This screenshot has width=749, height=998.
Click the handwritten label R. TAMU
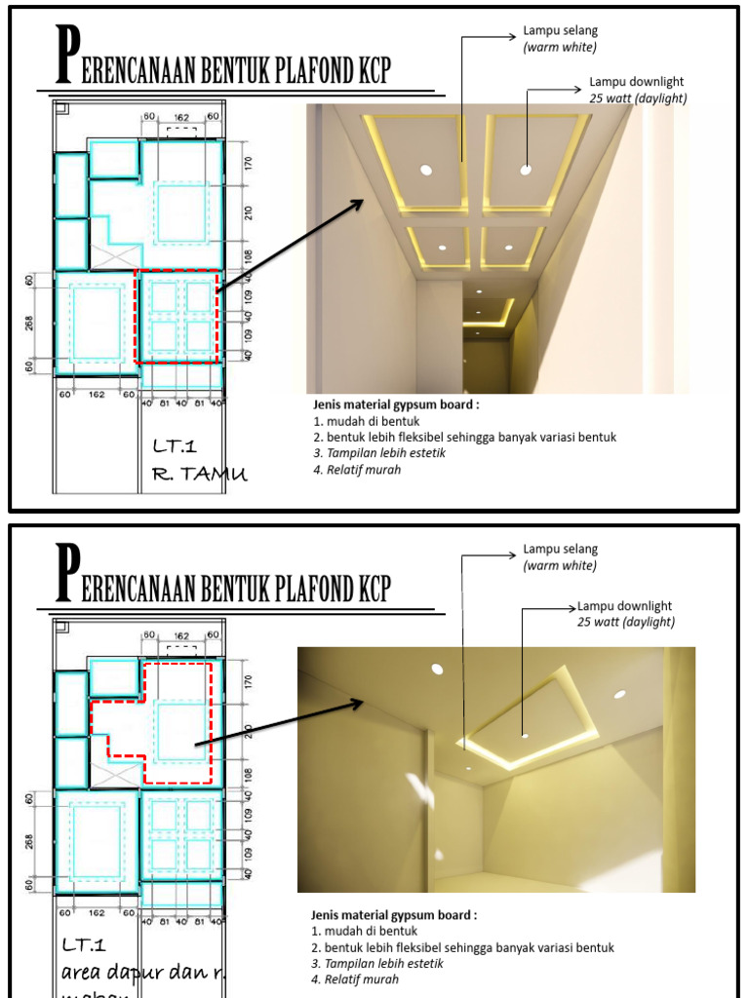click(199, 475)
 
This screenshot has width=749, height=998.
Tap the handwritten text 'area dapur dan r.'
click(136, 972)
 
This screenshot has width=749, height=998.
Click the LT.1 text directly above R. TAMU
click(175, 447)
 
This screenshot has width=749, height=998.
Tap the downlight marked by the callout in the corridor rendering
click(526, 170)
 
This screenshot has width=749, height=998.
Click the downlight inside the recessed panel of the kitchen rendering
click(525, 734)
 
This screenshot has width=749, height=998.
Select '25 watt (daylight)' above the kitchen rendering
click(625, 622)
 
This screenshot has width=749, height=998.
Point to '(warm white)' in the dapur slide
click(560, 566)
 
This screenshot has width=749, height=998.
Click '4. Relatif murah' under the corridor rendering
click(357, 469)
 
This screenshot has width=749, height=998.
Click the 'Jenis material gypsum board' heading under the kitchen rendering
click(394, 915)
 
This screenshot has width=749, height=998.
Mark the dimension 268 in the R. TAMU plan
click(33, 322)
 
